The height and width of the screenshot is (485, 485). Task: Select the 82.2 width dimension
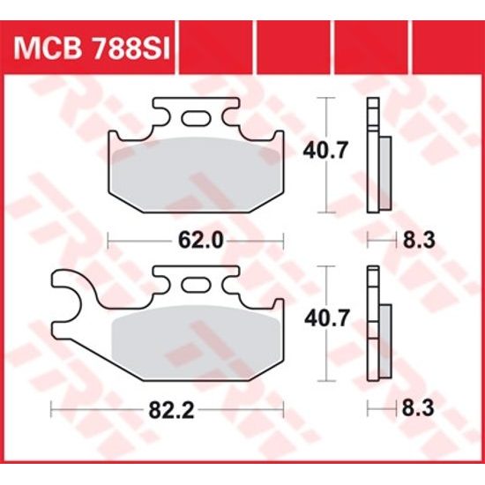coord(168,409)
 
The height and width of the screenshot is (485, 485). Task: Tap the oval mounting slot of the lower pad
coord(196,287)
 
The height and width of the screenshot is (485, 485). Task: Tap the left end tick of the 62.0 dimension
coord(108,239)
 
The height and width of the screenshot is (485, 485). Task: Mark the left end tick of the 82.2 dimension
coord(52,409)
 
